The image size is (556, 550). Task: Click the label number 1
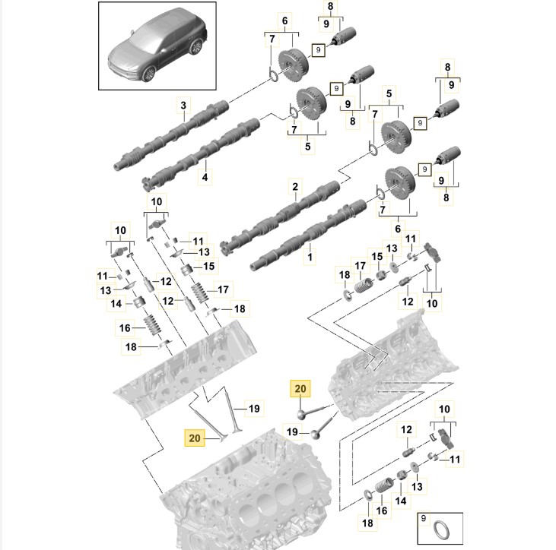click(x=310, y=258)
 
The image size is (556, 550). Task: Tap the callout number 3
click(x=183, y=104)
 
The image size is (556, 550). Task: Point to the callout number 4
click(x=204, y=177)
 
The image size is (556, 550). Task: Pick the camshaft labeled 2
click(x=281, y=216)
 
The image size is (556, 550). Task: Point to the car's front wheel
click(x=148, y=73)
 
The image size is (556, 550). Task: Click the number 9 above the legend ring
click(x=426, y=517)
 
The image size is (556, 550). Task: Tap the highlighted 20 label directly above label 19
click(x=300, y=390)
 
